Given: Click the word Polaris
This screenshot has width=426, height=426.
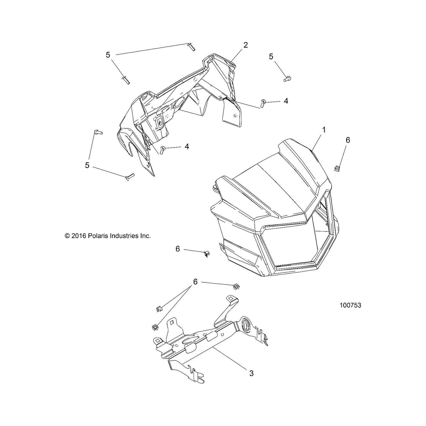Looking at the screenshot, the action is pyautogui.click(x=98, y=236).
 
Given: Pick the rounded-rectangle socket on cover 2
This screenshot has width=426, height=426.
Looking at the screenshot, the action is pyautogui.click(x=159, y=123).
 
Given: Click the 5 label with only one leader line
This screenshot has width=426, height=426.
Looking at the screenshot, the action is pyautogui.click(x=271, y=57).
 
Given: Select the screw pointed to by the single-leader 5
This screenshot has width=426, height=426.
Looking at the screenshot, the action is pyautogui.click(x=287, y=78).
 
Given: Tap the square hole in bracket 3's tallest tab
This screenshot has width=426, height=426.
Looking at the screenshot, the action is pyautogui.click(x=231, y=299).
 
